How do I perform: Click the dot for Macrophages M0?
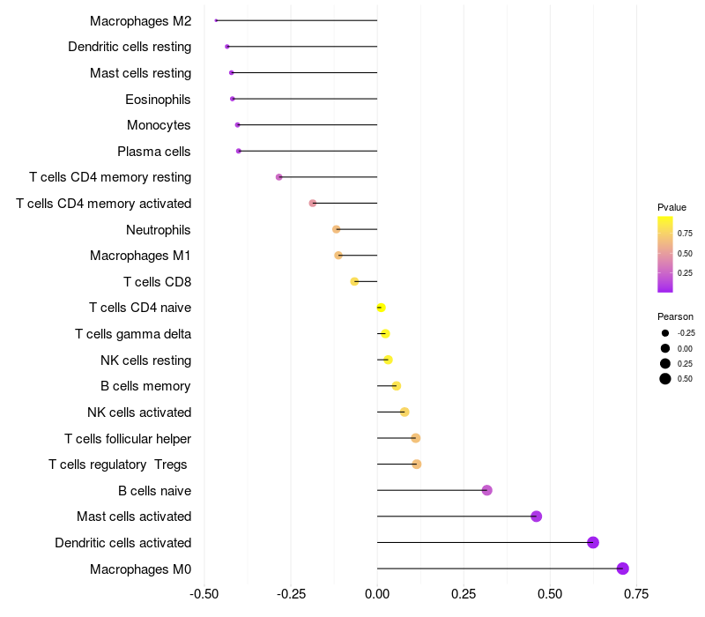pos(623,569)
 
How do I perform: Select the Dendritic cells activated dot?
pos(593,542)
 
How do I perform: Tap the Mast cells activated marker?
pos(537,517)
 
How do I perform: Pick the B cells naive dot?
pos(487,490)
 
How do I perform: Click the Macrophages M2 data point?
pos(216,20)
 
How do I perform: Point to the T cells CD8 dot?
pos(354,281)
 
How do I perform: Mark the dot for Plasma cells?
pos(239,151)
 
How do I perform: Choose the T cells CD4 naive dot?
pos(381,308)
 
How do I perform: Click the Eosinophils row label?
pos(158,99)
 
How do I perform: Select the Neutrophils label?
pos(159,229)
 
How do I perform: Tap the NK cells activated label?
pos(139,412)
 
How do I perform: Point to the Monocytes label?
pos(159,125)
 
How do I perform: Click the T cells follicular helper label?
pos(128,438)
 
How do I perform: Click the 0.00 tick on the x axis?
pos(377,594)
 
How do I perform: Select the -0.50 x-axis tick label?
pos(204,594)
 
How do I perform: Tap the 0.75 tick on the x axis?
pos(636,594)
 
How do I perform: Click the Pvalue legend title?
pos(672,207)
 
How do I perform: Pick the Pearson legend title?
pos(675,316)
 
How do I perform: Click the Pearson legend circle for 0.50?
pos(664,379)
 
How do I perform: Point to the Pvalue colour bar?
pos(665,254)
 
